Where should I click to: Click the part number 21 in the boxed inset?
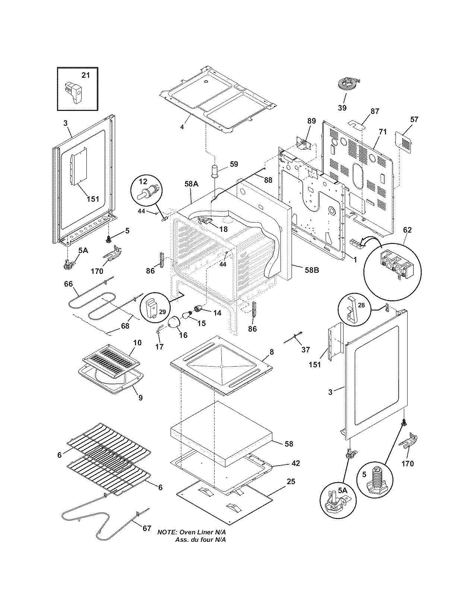[86, 75]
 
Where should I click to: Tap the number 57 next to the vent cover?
[414, 119]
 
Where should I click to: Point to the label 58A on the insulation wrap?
[191, 183]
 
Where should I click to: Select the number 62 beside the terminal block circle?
[407, 230]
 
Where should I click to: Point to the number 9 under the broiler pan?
[140, 398]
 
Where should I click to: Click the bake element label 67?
[147, 528]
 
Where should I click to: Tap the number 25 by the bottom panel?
[291, 482]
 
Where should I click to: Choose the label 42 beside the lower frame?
[295, 463]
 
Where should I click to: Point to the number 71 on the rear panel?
[383, 132]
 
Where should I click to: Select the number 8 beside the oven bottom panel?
[272, 351]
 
